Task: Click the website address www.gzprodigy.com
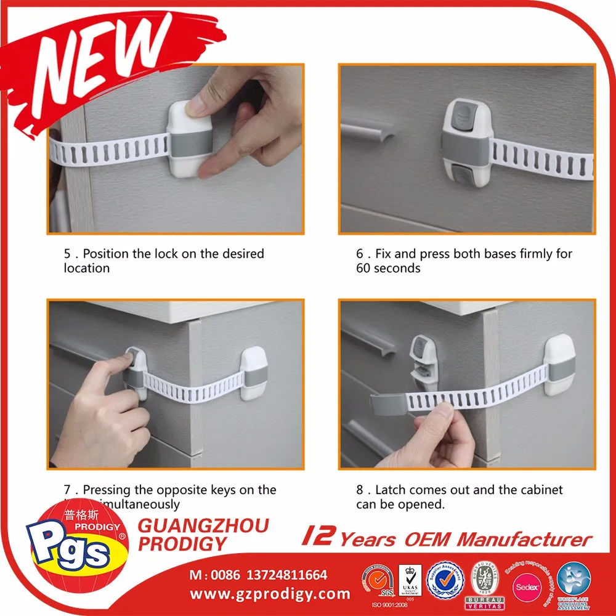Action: (270, 594)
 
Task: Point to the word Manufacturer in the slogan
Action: (524, 540)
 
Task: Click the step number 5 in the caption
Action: (67, 254)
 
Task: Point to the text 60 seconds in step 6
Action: (388, 269)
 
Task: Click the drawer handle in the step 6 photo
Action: (368, 133)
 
